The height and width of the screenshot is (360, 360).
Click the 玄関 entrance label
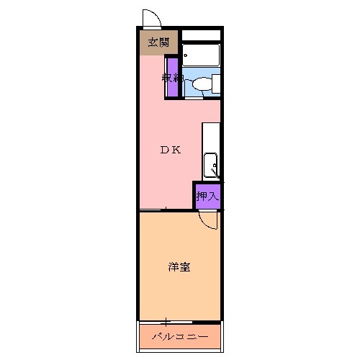[159, 42]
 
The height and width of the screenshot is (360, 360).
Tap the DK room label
[170, 150]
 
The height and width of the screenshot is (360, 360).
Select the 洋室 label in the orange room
[179, 268]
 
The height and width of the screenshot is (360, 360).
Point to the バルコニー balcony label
[179, 337]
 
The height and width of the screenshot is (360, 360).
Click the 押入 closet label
[207, 195]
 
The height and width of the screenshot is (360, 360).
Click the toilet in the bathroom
[201, 84]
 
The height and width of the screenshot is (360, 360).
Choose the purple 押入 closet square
[207, 195]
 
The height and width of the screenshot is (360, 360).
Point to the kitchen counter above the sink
[211, 137]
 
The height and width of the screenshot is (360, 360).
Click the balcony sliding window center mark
[166, 321]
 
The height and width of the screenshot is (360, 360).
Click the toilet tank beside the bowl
[215, 84]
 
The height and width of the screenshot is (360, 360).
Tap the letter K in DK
[176, 150]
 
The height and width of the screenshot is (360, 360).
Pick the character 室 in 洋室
[185, 268]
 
